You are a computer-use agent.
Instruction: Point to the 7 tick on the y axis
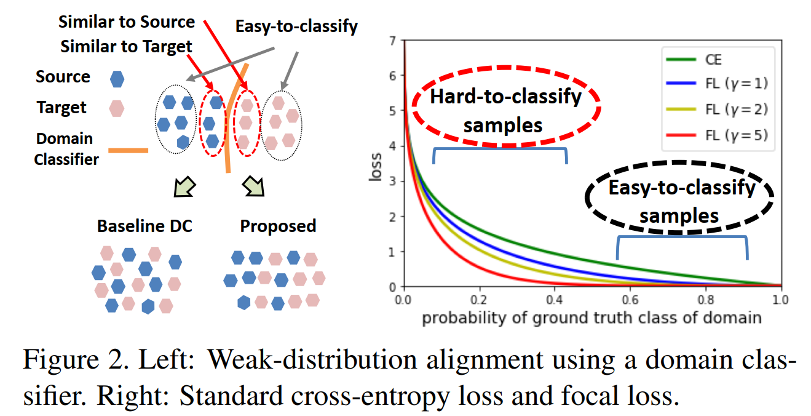point(394,41)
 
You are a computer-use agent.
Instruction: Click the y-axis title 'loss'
point(376,164)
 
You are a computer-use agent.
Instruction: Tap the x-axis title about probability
point(591,318)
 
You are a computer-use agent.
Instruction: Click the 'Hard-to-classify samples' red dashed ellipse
point(506,107)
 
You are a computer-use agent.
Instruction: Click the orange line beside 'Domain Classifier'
point(129,150)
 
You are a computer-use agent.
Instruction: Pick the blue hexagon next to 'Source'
point(116,78)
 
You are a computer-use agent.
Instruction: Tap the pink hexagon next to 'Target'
point(116,109)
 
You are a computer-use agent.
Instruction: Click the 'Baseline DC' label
point(144,226)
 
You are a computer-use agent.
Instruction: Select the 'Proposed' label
point(278,226)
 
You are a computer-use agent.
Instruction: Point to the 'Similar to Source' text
point(127,23)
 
